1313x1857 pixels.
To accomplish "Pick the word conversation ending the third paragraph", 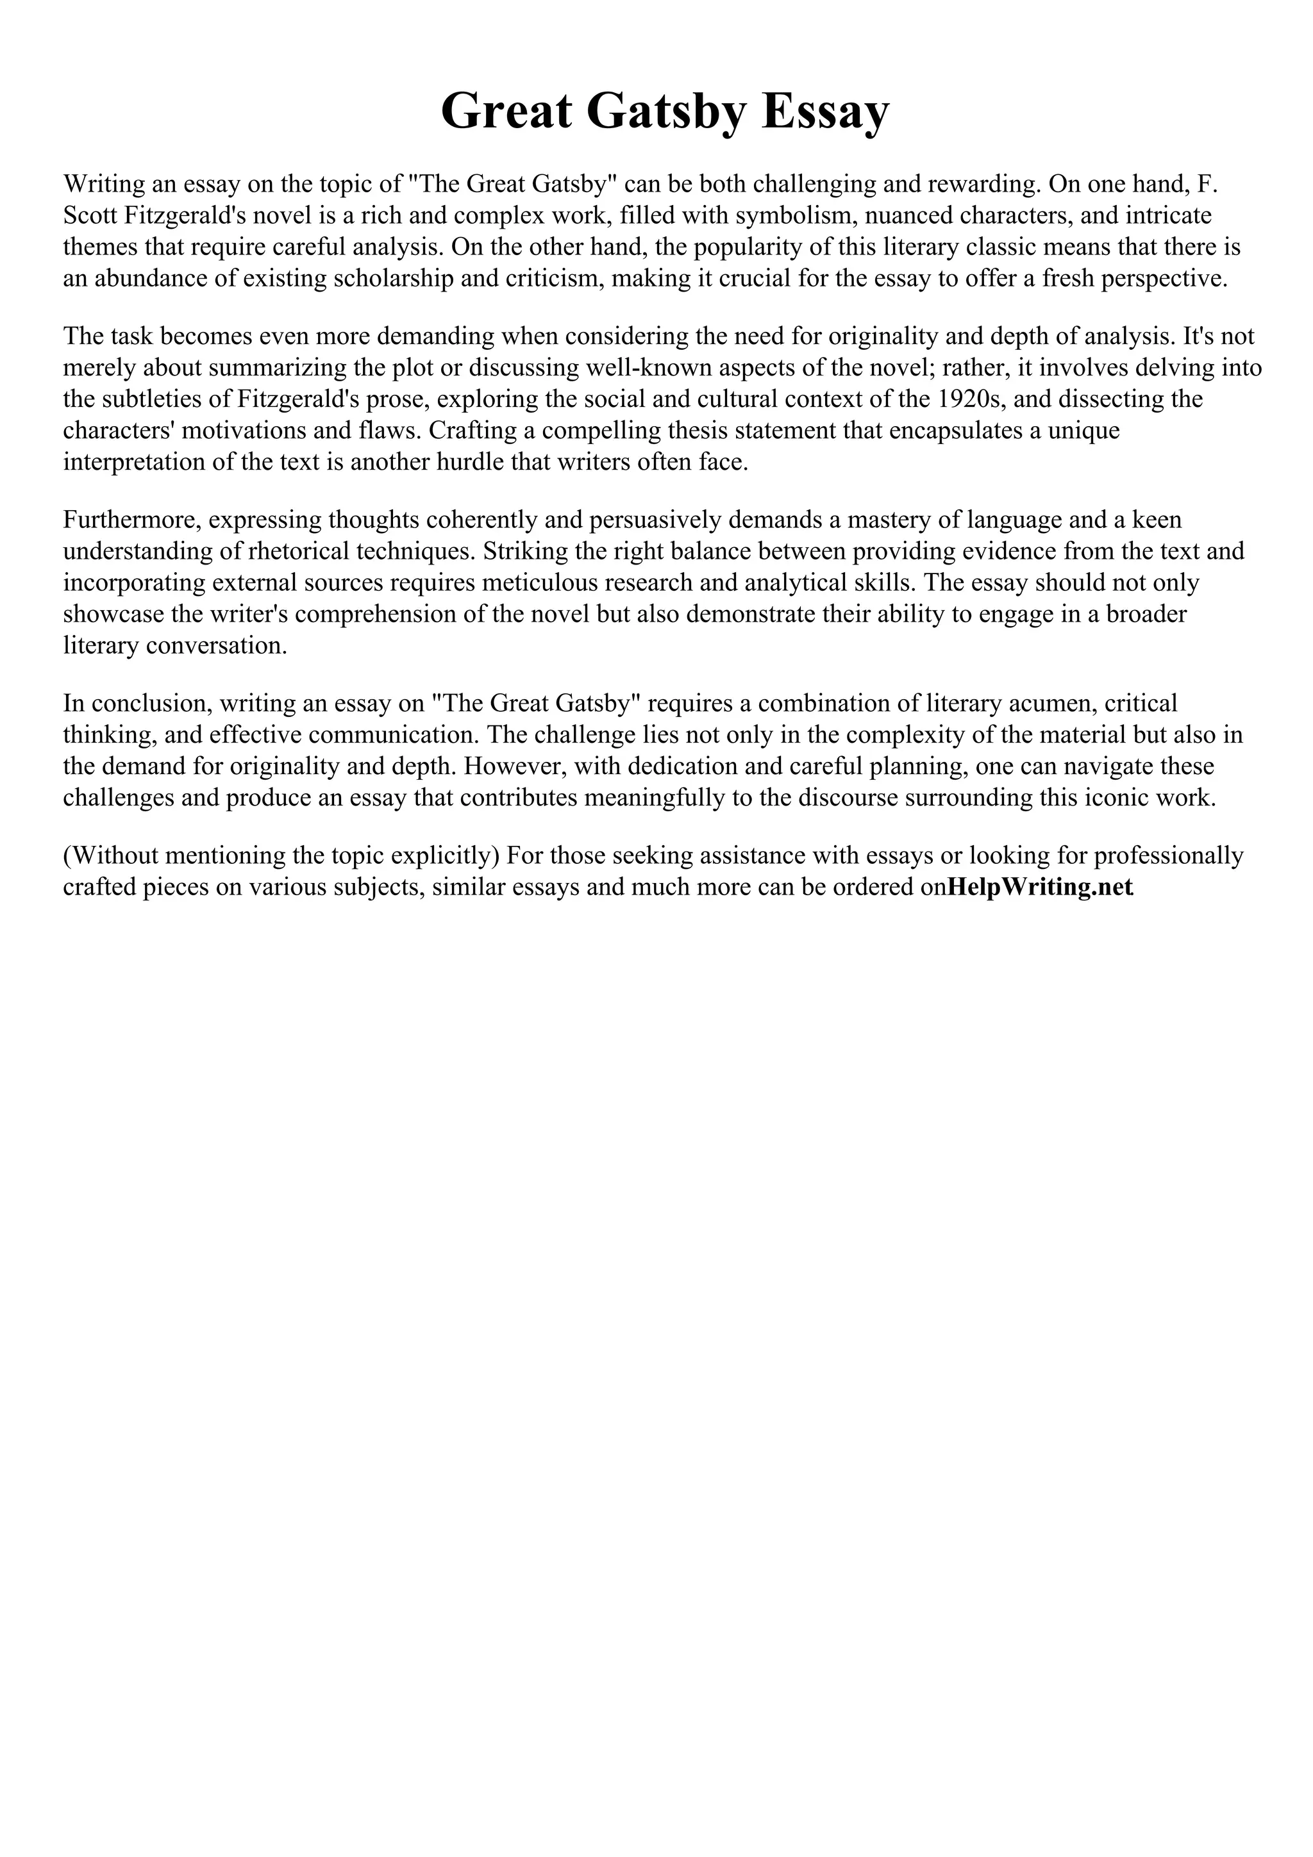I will click(x=213, y=645).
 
